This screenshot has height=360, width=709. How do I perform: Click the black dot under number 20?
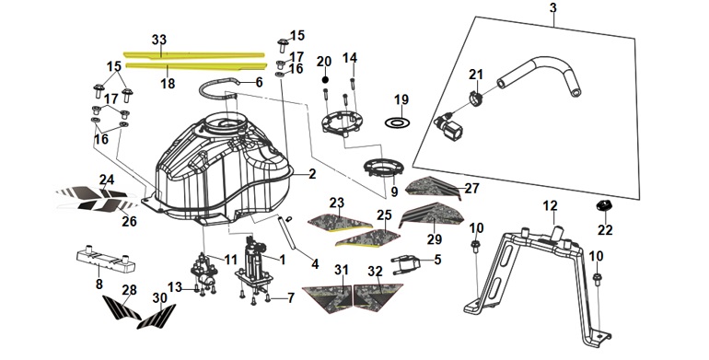tap(325, 79)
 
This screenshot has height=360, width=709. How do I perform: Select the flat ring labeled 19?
tap(397, 122)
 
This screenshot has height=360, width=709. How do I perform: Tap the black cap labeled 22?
tap(604, 205)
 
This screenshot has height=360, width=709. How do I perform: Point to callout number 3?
tap(553, 7)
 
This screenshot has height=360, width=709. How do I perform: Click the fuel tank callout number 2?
tap(312, 174)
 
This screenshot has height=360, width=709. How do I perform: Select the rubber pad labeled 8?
tap(105, 260)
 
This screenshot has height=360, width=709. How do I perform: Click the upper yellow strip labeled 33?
tap(194, 55)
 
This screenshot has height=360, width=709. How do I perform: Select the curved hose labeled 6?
tap(218, 87)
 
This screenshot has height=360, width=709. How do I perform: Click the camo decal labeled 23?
tap(339, 222)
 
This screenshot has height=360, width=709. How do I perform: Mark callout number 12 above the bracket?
tap(550, 206)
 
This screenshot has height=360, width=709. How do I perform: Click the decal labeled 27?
tap(433, 187)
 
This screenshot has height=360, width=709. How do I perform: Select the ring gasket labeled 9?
tap(383, 168)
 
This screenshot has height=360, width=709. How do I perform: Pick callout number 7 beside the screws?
tap(290, 297)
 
